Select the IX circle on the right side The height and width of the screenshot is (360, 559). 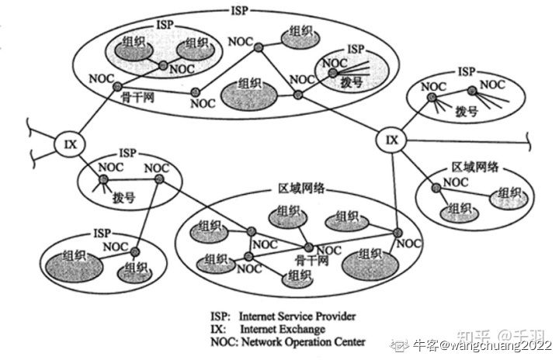(392, 140)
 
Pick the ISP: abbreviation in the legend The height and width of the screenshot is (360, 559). (220, 317)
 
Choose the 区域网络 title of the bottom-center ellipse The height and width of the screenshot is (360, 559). (301, 189)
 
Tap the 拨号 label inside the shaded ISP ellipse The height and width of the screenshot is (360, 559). (336, 81)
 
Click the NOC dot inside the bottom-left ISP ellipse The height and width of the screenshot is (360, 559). (134, 251)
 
